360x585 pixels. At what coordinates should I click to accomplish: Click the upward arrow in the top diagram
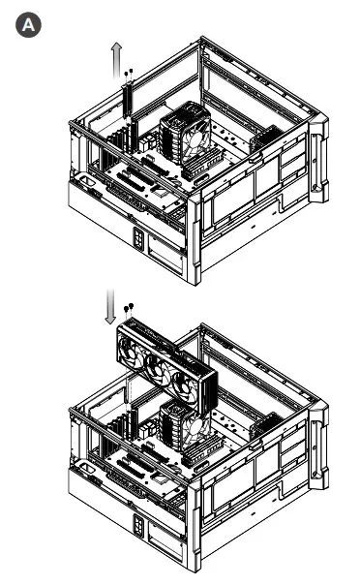pos(114,61)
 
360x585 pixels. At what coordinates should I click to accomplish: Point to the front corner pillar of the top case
pos(196,237)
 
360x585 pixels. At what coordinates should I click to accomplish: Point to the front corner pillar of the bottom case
pos(196,528)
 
